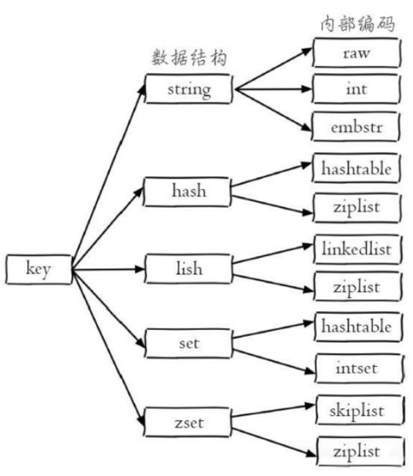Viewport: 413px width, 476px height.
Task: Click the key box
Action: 39,270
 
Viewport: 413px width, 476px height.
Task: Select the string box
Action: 189,89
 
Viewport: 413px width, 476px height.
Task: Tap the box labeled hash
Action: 187,192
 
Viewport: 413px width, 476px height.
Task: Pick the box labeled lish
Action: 189,269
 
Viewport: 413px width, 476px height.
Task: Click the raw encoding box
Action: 357,53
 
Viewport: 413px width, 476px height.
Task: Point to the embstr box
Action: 355,127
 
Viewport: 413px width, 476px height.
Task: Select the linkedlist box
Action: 358,249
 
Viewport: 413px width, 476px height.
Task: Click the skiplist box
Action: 360,410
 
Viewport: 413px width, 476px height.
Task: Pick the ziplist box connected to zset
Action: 361,451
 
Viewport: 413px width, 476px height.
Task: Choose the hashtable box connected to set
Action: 358,327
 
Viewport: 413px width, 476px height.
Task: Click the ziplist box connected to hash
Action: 357,208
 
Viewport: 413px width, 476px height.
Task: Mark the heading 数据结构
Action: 189,57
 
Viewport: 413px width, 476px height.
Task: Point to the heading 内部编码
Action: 358,23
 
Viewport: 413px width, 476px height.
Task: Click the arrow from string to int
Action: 274,89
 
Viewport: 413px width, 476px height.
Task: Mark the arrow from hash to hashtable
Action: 271,175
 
